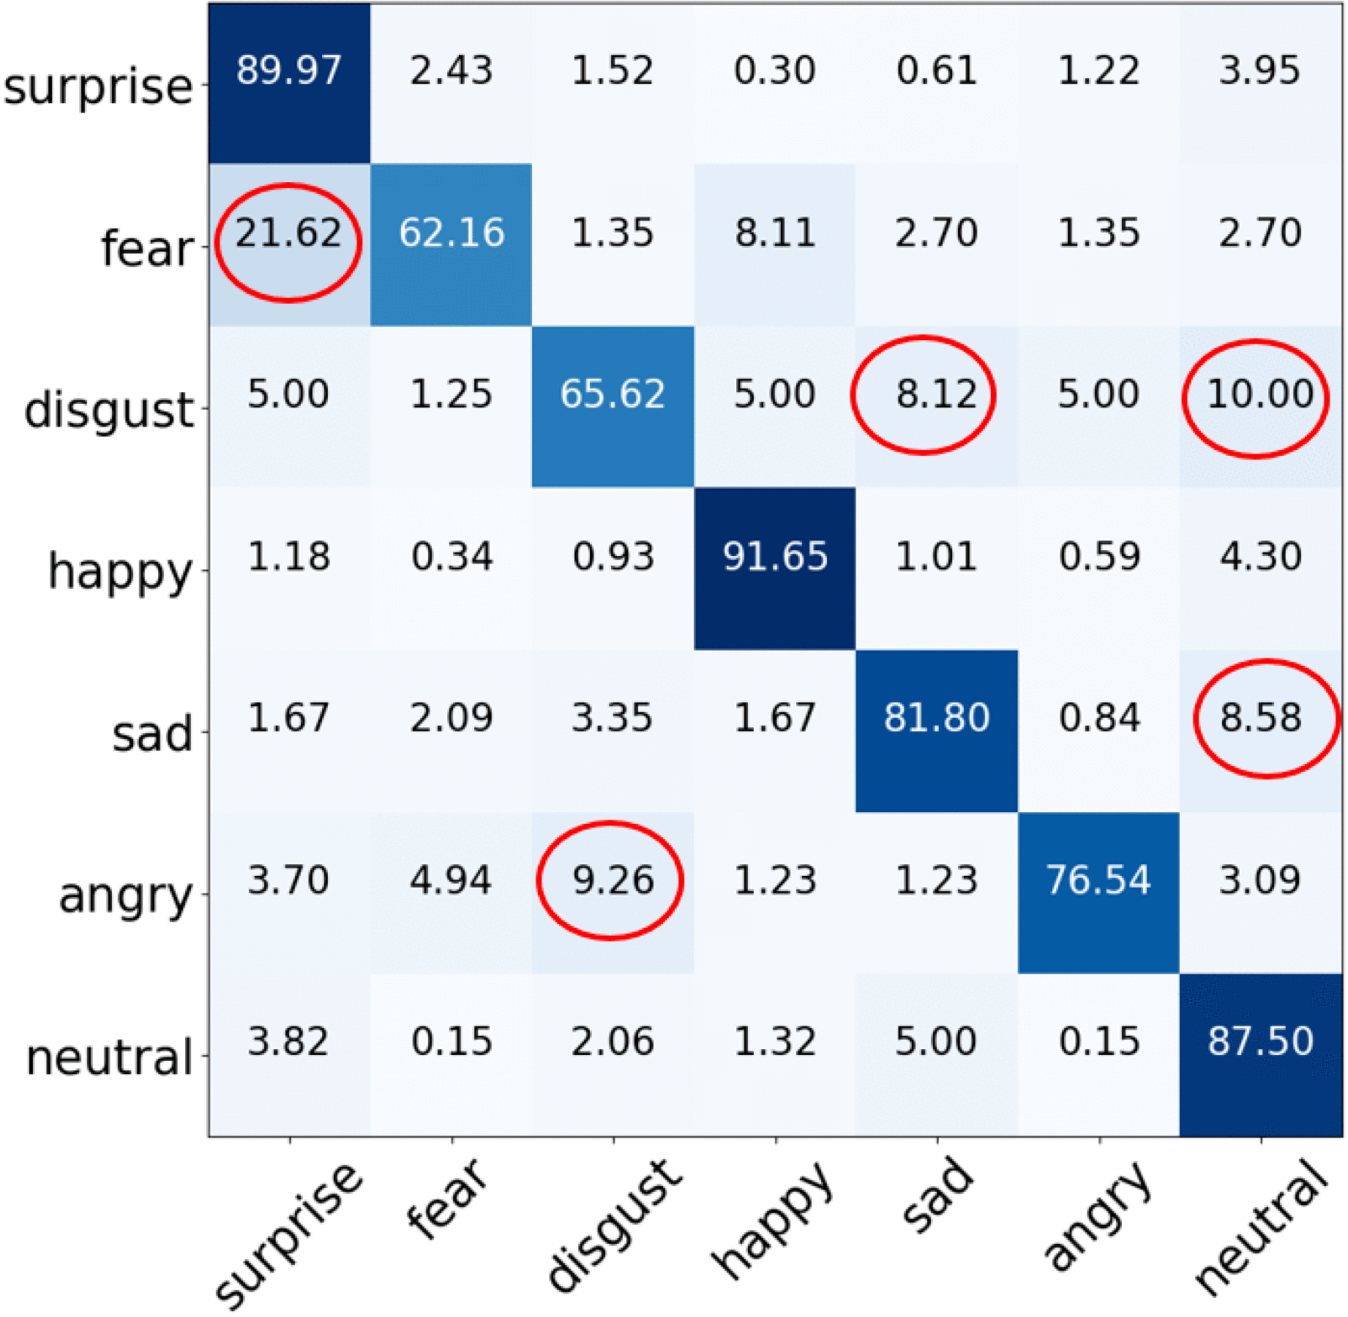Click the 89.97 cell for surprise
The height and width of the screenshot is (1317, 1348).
click(x=288, y=71)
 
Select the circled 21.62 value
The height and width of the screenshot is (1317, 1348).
click(x=288, y=233)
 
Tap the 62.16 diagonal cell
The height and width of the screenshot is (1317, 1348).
click(x=452, y=233)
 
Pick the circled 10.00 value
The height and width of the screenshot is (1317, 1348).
click(x=1259, y=395)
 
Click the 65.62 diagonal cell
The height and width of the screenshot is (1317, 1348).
click(x=613, y=395)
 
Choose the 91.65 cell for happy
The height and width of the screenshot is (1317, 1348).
click(x=775, y=557)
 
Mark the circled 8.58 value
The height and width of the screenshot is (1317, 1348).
click(x=1260, y=718)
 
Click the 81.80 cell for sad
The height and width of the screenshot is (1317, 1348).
click(x=936, y=718)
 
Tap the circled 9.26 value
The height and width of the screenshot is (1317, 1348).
click(x=613, y=880)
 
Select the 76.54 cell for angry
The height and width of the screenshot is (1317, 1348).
click(x=1098, y=880)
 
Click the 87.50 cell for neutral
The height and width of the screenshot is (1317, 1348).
click(x=1260, y=1042)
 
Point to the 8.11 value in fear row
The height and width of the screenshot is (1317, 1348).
click(x=775, y=233)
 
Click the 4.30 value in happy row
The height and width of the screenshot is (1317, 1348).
click(x=1260, y=557)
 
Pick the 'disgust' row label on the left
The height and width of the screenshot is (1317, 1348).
click(x=108, y=410)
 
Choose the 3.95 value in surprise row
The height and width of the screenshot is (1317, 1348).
click(x=1259, y=71)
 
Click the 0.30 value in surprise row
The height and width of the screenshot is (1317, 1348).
click(x=775, y=71)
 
